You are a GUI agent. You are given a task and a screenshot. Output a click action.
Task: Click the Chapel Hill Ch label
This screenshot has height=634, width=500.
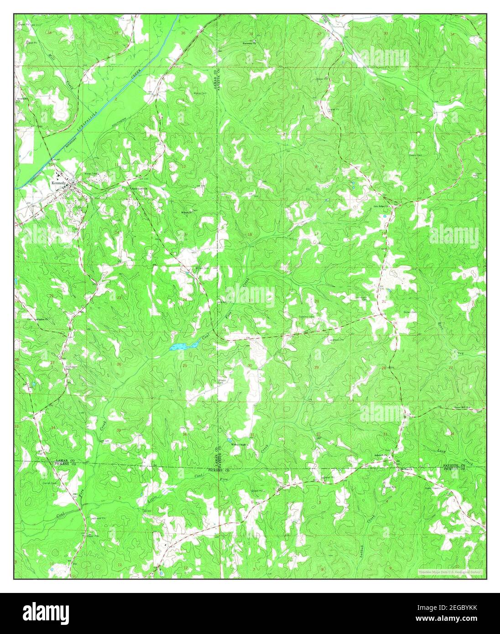[469, 409]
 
